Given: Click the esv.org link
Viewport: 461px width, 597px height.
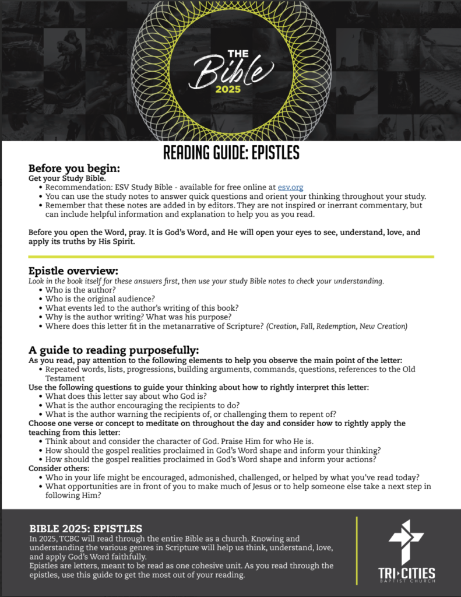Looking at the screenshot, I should pos(290,188).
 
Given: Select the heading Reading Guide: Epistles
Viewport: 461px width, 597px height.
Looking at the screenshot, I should pos(231,153).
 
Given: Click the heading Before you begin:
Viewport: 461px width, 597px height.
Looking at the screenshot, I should pos(74,168).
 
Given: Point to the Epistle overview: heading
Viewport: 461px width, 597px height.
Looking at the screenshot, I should pos(73,271).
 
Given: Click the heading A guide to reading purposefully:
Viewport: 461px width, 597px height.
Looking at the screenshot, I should pos(114,350).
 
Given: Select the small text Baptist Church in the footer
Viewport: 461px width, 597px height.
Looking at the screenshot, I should pos(406,584).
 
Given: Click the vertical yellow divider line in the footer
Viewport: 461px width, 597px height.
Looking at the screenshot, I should pos(356,550).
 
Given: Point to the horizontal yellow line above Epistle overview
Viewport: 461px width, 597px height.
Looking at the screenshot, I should pos(231,257).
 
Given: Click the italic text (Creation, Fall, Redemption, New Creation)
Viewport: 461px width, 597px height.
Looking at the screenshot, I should pos(337,326).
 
